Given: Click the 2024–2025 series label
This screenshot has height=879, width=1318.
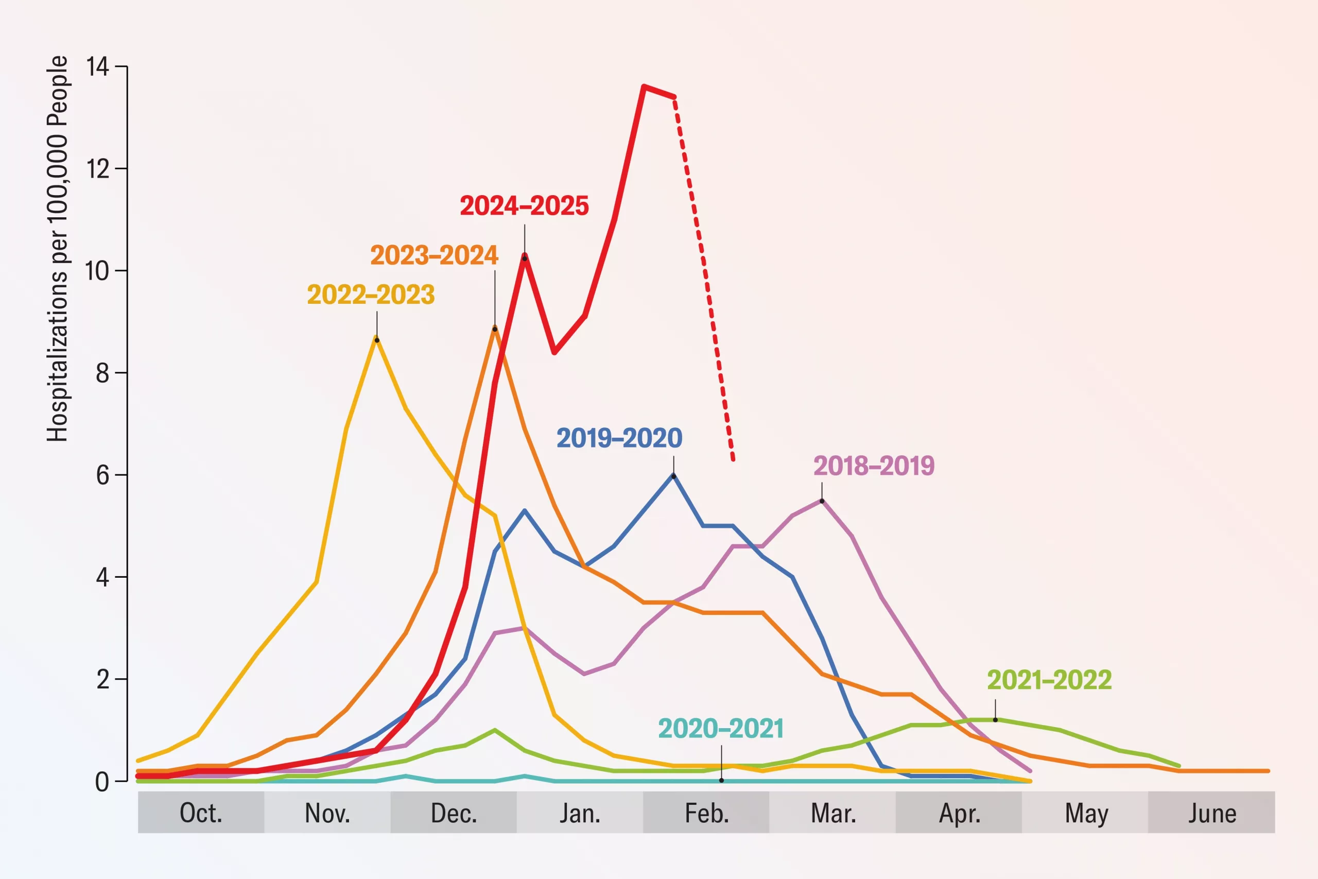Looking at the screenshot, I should [524, 206].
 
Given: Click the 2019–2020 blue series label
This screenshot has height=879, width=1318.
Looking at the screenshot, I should [619, 438].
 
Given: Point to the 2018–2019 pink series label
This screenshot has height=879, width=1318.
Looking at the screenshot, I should [874, 466].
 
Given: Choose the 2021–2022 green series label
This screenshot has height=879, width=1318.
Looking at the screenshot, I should [1049, 680].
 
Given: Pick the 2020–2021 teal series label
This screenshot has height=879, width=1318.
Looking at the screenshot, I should [720, 729].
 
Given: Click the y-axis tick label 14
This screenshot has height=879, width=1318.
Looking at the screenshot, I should [97, 67].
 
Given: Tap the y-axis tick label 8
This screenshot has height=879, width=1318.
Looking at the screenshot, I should [102, 373].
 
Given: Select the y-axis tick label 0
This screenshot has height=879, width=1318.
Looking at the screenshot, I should [102, 782].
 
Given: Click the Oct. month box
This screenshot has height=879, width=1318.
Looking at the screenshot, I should [201, 812].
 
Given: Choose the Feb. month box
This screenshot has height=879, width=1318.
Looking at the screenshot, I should [706, 812].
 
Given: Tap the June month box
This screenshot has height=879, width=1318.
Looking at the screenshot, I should [1211, 812].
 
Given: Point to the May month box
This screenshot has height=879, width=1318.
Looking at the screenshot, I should [1085, 812].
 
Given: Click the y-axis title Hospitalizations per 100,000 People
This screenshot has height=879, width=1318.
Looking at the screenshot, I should [57, 249].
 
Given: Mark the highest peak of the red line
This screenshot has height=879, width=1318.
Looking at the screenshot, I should [644, 87].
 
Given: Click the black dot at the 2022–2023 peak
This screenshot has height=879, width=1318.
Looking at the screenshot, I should [376, 340].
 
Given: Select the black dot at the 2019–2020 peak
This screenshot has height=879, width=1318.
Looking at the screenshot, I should [673, 476].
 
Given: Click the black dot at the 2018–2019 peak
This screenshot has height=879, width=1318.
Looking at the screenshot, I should [822, 501].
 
